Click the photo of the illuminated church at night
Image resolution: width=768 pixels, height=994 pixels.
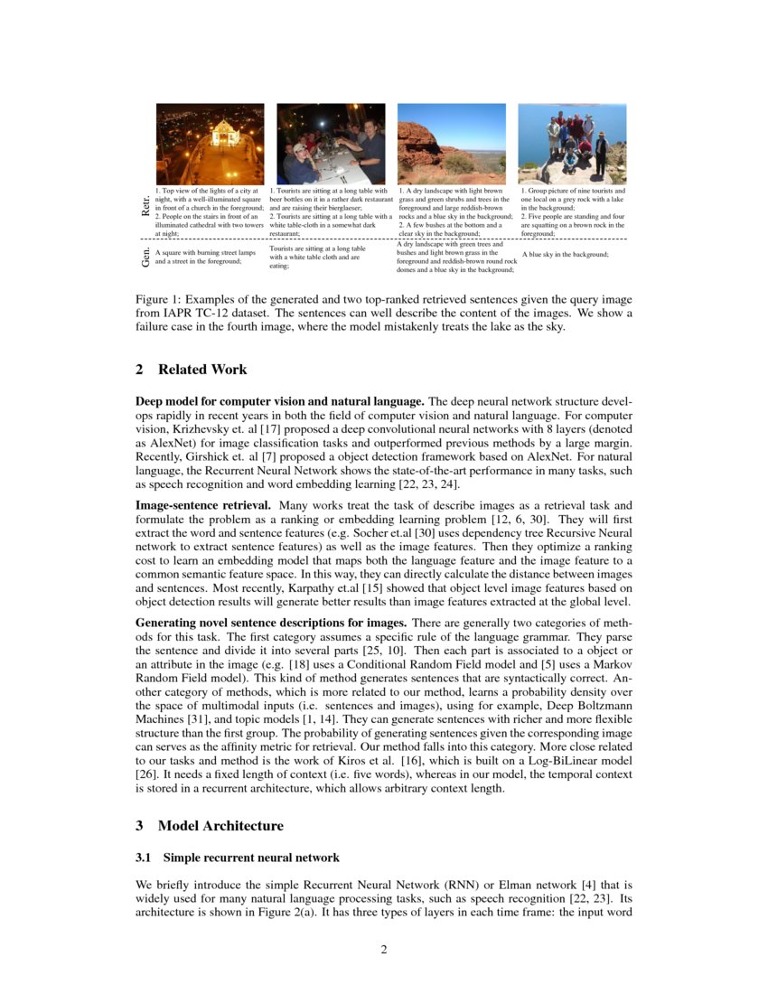(211, 144)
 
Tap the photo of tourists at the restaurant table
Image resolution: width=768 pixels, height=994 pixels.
(331, 144)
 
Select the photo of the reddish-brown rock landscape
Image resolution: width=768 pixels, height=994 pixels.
(452, 144)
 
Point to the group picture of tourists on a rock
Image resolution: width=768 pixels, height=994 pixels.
(572, 144)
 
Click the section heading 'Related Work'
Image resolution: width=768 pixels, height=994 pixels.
(202, 370)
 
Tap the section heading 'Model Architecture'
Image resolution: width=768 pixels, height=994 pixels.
(220, 826)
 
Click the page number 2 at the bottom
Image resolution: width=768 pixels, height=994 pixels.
(384, 950)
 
